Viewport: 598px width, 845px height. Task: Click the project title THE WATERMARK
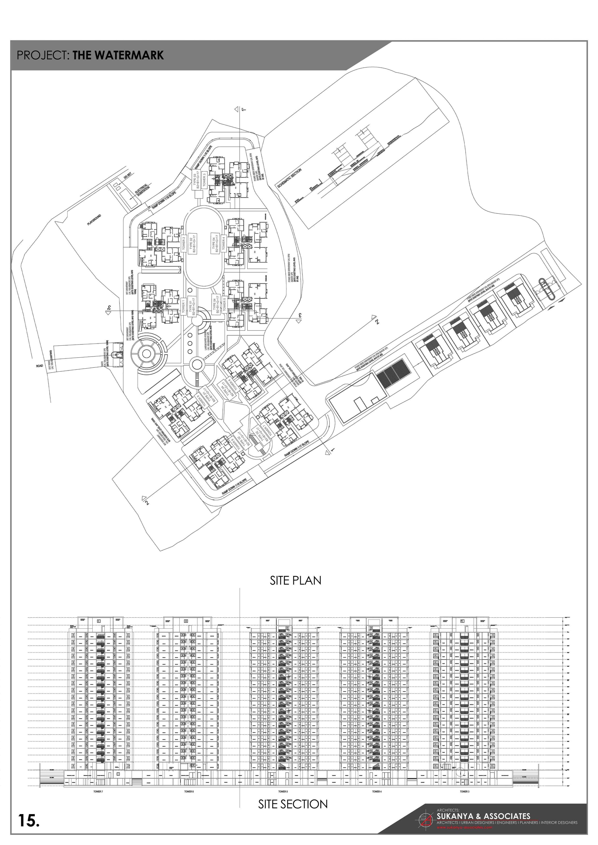click(x=118, y=55)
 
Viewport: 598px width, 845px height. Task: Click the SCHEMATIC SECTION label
click(x=290, y=179)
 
